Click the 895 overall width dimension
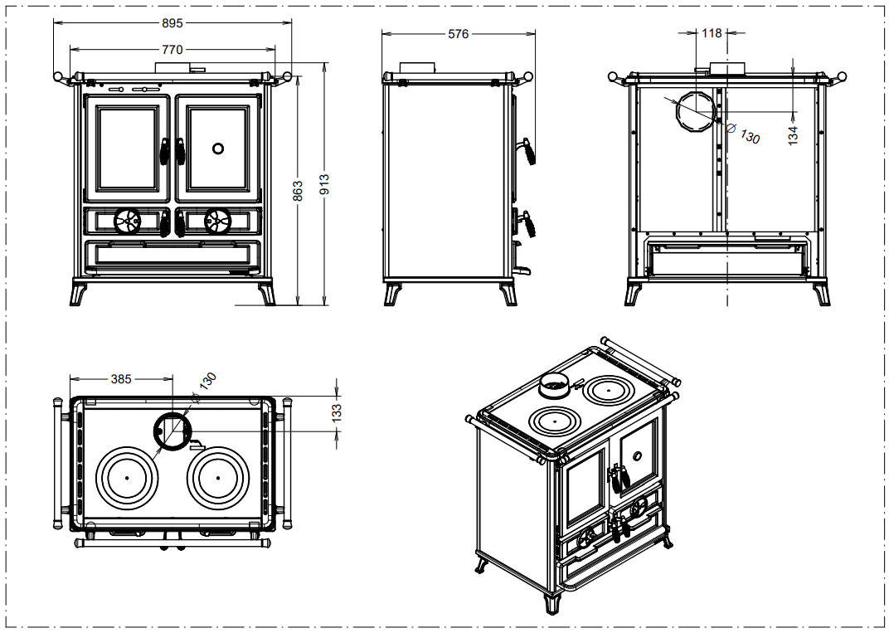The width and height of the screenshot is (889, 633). point(172,22)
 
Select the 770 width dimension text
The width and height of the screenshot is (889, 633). point(172,50)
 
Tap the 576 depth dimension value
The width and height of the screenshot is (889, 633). point(458,34)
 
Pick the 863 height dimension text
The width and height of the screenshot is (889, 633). point(299,190)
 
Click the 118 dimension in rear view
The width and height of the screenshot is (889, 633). point(712,34)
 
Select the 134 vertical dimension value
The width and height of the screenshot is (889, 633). point(793,134)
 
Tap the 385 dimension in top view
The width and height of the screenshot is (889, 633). point(121,379)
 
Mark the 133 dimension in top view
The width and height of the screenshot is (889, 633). point(337,413)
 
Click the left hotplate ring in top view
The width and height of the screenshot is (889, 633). point(127,479)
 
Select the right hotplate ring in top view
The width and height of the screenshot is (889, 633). point(218,479)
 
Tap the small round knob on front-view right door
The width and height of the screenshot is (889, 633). point(217,149)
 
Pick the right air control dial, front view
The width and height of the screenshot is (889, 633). point(217,221)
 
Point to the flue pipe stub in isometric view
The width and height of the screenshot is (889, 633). point(553,384)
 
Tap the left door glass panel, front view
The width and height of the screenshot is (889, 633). point(127,149)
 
